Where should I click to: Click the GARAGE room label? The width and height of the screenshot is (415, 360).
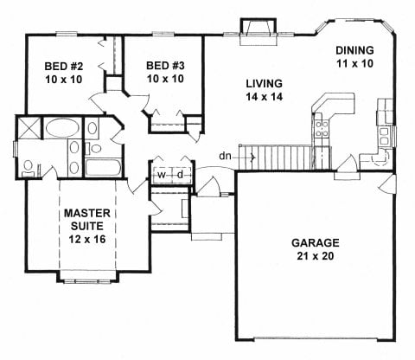pyautogui.click(x=316, y=242)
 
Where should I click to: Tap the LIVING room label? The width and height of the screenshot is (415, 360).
pyautogui.click(x=264, y=84)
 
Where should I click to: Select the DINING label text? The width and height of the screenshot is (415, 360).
pyautogui.click(x=354, y=50)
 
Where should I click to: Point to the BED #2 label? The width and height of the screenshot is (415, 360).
pyautogui.click(x=64, y=67)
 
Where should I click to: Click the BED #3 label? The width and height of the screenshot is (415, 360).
pyautogui.click(x=165, y=66)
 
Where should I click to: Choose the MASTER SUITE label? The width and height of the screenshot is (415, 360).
pyautogui.click(x=87, y=220)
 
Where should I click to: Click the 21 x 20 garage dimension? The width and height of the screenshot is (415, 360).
pyautogui.click(x=316, y=256)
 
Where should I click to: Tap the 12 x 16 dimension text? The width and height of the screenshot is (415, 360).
pyautogui.click(x=87, y=239)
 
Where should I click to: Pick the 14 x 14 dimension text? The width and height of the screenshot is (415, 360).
pyautogui.click(x=264, y=97)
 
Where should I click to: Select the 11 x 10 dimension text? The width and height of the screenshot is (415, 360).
pyautogui.click(x=354, y=63)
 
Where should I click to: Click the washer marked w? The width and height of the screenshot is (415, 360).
pyautogui.click(x=162, y=175)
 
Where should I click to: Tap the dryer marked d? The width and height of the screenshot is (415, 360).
pyautogui.click(x=181, y=175)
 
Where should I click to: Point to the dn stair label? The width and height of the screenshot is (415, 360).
pyautogui.click(x=226, y=157)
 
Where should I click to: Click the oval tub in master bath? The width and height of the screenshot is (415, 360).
pyautogui.click(x=62, y=128)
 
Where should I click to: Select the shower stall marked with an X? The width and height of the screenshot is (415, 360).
pyautogui.click(x=29, y=127)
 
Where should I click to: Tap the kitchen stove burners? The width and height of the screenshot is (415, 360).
pyautogui.click(x=322, y=129)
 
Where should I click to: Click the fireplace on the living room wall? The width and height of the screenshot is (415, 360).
pyautogui.click(x=259, y=32)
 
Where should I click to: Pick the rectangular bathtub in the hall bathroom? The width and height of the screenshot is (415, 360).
pyautogui.click(x=103, y=167)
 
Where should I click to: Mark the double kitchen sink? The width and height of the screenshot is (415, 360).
pyautogui.click(x=384, y=136)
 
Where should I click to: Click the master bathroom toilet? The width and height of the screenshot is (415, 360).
pyautogui.click(x=29, y=168)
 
